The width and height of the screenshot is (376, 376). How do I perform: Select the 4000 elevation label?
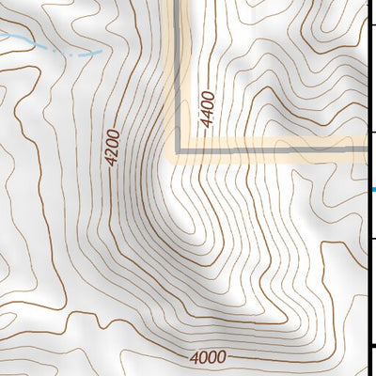click(x=208, y=357)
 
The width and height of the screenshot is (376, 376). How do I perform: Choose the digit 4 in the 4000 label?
click(x=194, y=357)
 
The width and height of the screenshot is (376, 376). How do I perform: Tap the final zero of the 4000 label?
click(x=222, y=357)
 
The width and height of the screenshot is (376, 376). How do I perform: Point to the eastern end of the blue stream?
click(x=99, y=53)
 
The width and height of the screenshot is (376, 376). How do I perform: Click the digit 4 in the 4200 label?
click(x=111, y=161)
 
